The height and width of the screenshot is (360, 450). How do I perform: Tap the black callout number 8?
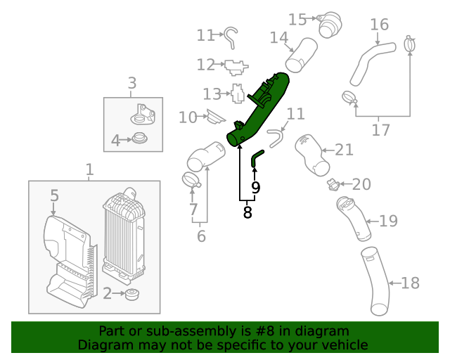point(247,212)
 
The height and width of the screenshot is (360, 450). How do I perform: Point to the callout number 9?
point(256,187)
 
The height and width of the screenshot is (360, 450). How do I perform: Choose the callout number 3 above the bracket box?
point(132,85)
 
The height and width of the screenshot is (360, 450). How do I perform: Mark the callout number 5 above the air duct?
point(54,195)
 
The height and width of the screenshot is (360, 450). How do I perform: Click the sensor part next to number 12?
point(234,66)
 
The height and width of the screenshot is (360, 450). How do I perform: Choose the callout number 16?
point(379,25)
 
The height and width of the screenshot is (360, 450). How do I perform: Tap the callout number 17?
point(380,130)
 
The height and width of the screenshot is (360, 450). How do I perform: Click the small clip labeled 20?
point(333,185)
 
